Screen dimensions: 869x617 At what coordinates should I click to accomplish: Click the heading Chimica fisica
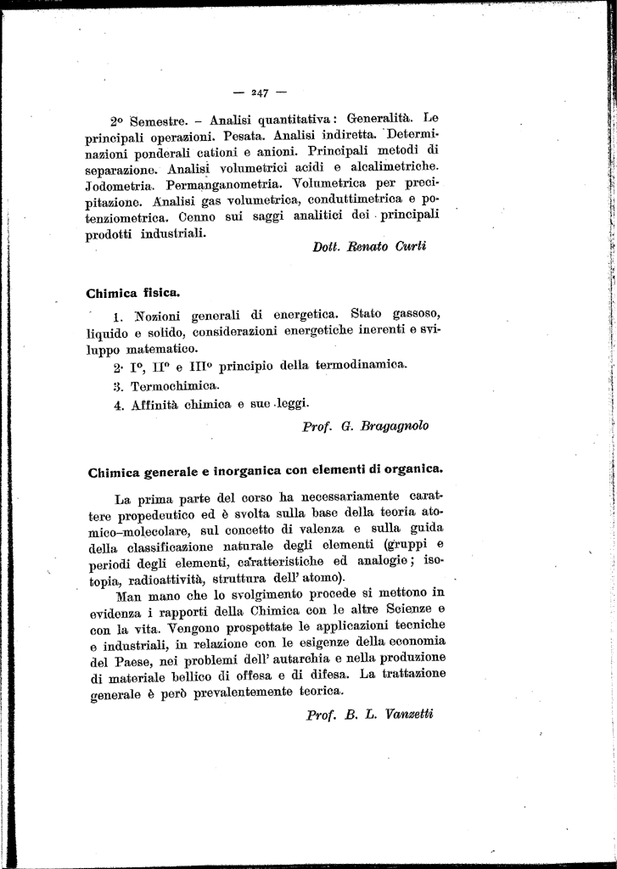[133, 294]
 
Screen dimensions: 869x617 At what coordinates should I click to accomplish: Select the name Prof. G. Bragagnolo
[365, 426]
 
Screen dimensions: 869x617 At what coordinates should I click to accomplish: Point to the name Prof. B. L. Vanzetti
[369, 714]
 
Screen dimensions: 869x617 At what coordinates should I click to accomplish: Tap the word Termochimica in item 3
[168, 385]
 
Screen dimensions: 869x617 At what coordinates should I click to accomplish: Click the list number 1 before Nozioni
[117, 317]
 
